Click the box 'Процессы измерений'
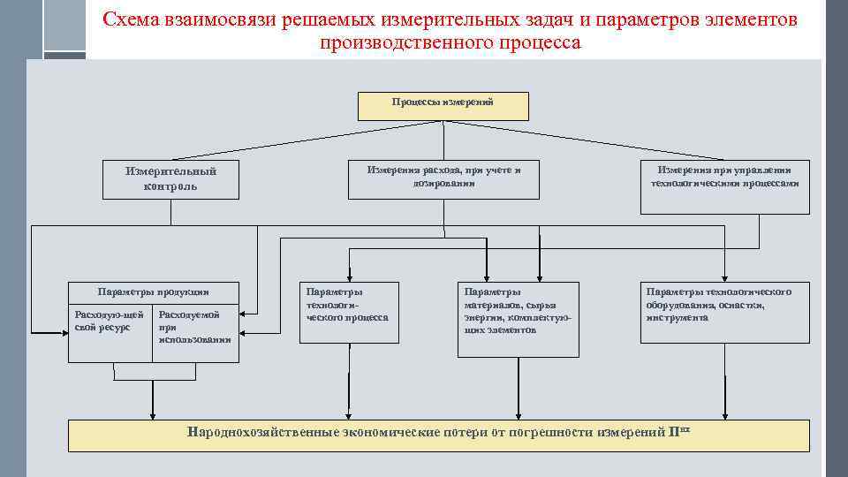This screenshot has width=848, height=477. click(443, 105)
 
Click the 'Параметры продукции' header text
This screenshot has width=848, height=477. click(154, 291)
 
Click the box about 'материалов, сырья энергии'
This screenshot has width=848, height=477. click(518, 318)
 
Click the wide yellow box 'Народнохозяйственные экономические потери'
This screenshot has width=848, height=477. click(439, 435)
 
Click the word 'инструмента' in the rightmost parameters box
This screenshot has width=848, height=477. click(677, 317)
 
